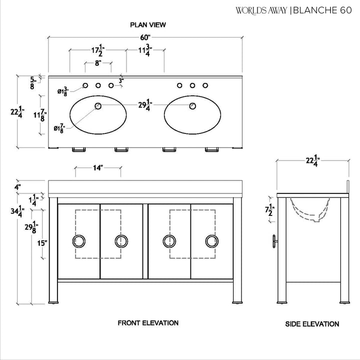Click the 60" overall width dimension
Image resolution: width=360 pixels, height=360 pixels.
(x=145, y=37)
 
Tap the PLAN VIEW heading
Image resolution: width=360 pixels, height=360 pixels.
(x=148, y=25)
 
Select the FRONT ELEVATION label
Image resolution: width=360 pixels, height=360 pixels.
(x=148, y=323)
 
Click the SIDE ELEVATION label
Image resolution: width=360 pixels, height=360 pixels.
(x=312, y=324)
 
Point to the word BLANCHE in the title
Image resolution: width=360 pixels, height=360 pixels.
(x=314, y=10)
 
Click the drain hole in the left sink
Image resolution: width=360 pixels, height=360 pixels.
(x=98, y=106)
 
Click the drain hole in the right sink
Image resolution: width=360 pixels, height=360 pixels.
(x=192, y=106)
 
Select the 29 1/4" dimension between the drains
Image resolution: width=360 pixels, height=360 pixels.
(x=145, y=105)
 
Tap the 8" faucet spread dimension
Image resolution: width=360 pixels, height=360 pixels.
(x=98, y=63)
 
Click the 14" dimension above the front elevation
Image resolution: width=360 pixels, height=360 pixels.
(x=97, y=168)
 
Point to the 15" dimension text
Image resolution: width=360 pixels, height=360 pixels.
(x=42, y=243)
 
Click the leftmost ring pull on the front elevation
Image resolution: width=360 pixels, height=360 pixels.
(x=79, y=241)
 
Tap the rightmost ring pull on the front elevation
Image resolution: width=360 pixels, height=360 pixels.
(x=212, y=241)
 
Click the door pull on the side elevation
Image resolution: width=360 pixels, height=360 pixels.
(x=275, y=241)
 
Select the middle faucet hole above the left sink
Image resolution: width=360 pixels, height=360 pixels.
(x=98, y=85)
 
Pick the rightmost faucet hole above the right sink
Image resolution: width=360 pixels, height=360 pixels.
(x=205, y=85)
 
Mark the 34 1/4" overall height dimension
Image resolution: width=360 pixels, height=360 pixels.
(x=17, y=211)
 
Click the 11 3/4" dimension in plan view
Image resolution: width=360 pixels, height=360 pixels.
(x=145, y=50)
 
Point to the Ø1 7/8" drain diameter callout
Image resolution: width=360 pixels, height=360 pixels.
(x=59, y=128)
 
